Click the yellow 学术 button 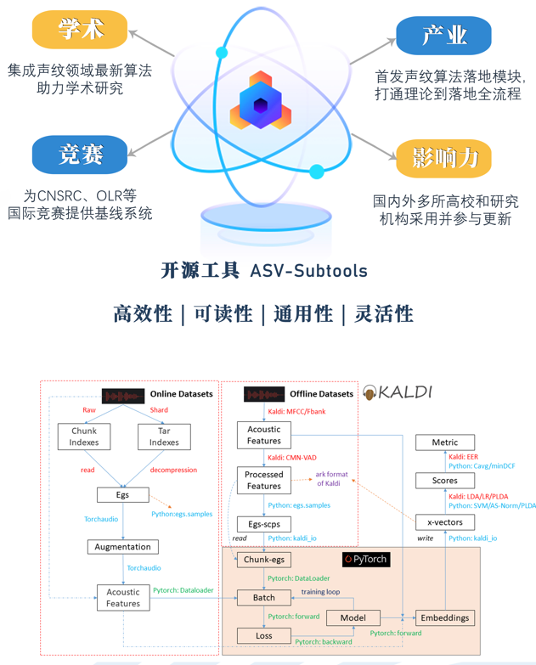80,30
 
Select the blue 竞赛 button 80,155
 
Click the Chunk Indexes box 84,437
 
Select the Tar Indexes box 164,437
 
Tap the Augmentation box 122,547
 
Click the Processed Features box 263,480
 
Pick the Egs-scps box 263,525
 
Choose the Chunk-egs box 263,560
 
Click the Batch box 263,598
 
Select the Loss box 263,635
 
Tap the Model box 353,618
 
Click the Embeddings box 444,617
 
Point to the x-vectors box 444,521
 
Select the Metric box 444,442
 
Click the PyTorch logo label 365,560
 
